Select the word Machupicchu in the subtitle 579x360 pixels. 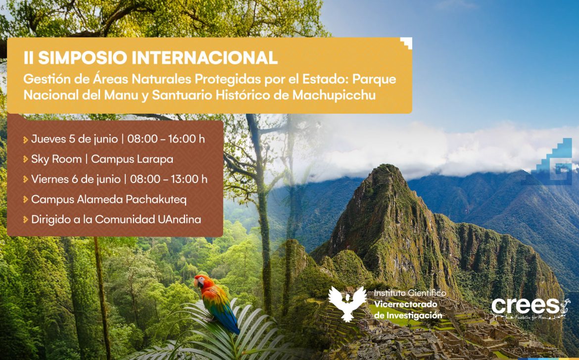point(334,95)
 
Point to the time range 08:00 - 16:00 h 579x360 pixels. point(166,139)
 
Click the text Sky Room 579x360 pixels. point(56,159)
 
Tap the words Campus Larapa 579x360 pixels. point(132,159)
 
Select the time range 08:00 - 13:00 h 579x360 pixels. point(169,180)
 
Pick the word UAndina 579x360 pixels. point(180,220)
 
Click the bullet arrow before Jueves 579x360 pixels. point(25,140)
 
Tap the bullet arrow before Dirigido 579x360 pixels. point(25,220)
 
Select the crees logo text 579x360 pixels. point(526,306)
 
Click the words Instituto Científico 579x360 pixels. point(410,294)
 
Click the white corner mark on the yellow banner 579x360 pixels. point(407,43)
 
